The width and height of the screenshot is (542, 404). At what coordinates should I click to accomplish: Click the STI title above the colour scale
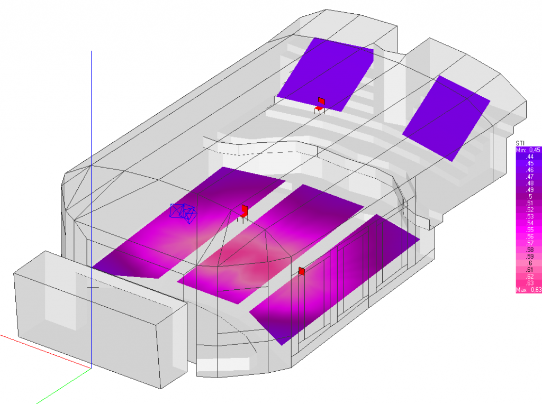pos(520,143)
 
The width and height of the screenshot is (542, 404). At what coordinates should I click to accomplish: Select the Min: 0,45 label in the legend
pos(528,150)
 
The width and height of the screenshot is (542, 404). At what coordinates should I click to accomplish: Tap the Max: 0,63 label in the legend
pos(529,290)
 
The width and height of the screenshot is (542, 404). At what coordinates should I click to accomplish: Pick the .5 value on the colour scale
pos(530,197)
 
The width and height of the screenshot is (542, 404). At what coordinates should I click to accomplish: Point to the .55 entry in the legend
pos(530,229)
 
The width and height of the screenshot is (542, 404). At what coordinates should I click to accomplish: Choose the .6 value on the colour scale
pos(530,263)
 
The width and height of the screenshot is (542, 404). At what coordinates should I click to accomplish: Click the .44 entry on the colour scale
pos(530,157)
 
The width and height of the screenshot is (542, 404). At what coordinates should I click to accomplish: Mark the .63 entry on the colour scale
pos(530,283)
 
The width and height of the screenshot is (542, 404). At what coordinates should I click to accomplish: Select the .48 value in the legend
pos(530,183)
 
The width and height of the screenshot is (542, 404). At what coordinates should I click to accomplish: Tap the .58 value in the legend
pos(530,250)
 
